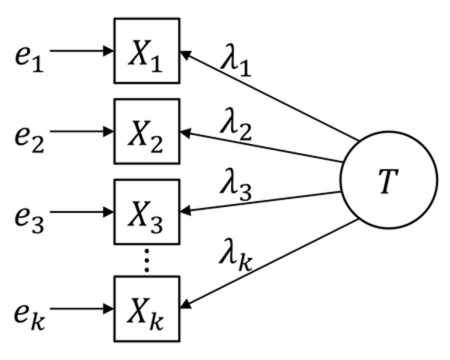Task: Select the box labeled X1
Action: (147, 51)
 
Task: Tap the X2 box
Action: (147, 132)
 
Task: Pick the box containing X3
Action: (147, 213)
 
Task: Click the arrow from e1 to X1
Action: (82, 52)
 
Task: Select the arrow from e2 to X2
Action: (82, 133)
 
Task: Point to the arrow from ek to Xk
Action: (82, 308)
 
